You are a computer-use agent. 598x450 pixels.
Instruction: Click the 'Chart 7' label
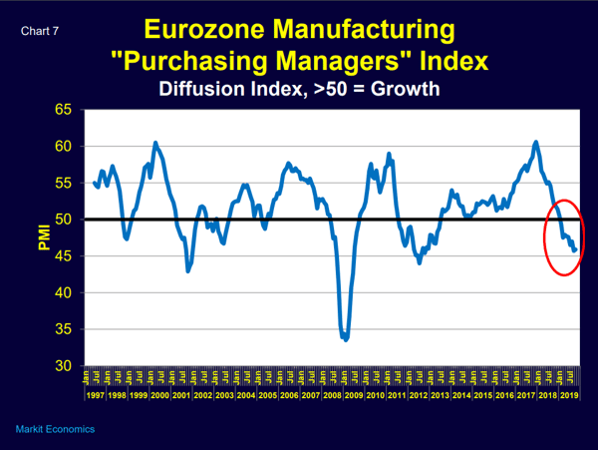click(39, 30)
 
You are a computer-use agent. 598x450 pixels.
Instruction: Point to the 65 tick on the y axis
click(64, 110)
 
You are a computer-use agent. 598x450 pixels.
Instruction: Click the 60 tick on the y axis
click(64, 147)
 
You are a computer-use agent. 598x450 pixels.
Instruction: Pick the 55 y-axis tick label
click(64, 184)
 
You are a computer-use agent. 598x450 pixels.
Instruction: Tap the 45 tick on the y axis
click(64, 256)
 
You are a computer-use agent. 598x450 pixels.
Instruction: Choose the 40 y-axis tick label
click(64, 293)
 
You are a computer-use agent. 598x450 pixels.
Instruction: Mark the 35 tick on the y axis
click(64, 329)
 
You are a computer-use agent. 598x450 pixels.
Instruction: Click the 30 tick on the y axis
click(64, 366)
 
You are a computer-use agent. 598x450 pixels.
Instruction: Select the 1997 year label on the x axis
click(96, 395)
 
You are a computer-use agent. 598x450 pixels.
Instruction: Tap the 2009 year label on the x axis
click(353, 395)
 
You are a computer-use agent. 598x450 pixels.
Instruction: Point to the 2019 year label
click(568, 395)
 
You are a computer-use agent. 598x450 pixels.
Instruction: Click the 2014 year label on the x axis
click(460, 395)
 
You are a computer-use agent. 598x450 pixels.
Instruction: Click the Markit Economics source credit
click(56, 429)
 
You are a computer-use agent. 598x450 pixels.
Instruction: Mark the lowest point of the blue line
click(345, 339)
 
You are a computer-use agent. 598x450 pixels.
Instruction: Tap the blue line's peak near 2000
click(155, 143)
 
